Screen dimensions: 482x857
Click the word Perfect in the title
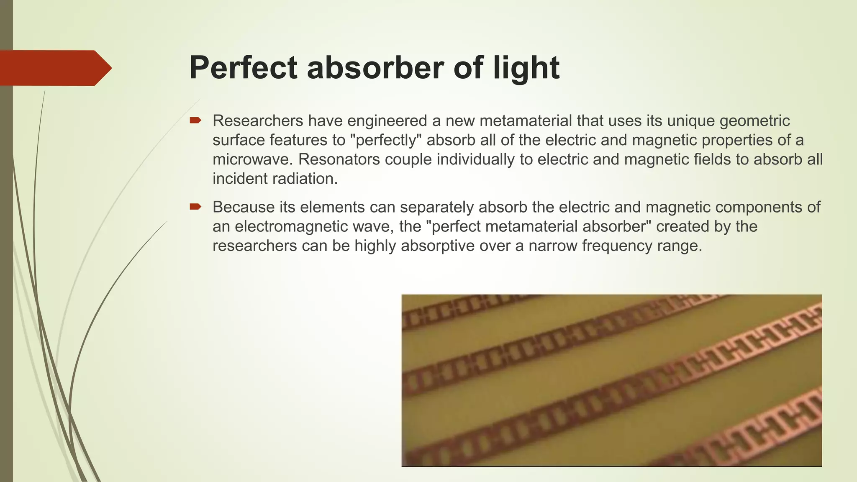(x=243, y=68)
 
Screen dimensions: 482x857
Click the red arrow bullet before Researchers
(x=195, y=120)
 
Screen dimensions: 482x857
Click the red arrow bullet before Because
(x=195, y=207)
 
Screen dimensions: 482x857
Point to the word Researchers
(x=258, y=120)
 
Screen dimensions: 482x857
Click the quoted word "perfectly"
(x=385, y=140)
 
